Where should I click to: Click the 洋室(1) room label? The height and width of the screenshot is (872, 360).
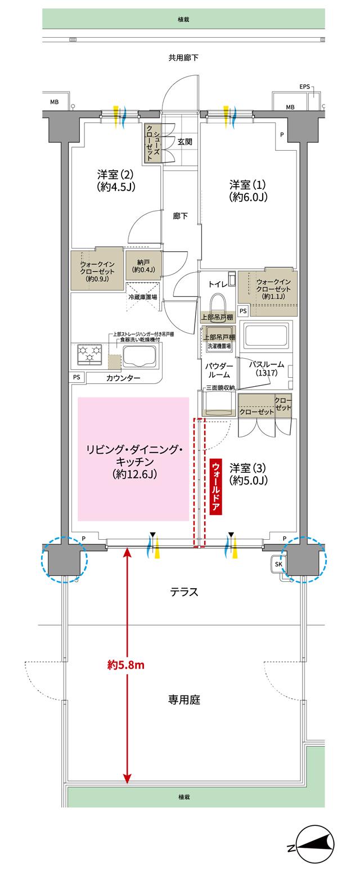(x=247, y=191)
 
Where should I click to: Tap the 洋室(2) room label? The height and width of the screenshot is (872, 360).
(x=115, y=180)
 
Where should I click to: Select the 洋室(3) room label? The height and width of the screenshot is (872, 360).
(x=247, y=474)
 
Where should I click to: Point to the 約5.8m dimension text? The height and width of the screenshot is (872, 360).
(x=126, y=665)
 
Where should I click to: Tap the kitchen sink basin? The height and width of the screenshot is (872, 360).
(x=138, y=355)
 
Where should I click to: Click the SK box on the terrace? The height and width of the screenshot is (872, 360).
(x=279, y=564)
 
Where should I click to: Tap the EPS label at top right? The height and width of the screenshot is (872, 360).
(x=304, y=87)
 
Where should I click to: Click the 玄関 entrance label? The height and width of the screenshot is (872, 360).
(x=185, y=142)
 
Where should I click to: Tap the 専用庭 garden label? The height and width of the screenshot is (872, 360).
(x=184, y=700)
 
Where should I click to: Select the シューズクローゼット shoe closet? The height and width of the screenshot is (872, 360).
(x=153, y=143)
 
